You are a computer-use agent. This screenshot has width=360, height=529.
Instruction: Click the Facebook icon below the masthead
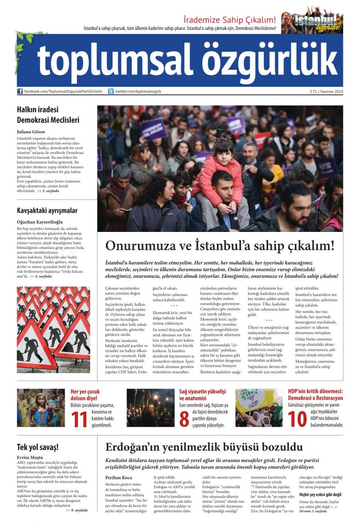tap(20, 91)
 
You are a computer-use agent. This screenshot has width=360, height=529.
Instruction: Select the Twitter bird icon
tap(111, 91)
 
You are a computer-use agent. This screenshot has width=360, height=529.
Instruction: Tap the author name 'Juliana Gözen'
tap(34, 132)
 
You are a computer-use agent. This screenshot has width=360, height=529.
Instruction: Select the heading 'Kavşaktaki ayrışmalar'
tap(47, 210)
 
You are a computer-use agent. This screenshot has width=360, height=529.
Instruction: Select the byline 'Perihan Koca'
tap(120, 477)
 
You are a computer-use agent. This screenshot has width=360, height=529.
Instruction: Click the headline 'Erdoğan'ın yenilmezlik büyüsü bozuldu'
tap(204, 447)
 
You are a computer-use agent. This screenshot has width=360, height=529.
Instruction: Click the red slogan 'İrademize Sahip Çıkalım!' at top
tap(230, 20)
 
